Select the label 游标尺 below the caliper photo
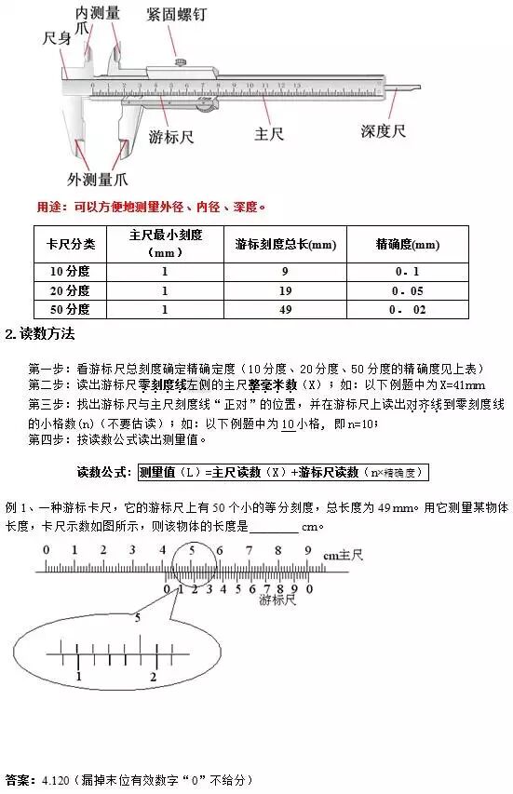pyautogui.click(x=170, y=137)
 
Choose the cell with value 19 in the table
pyautogui.click(x=284, y=289)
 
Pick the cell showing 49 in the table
pyautogui.click(x=284, y=309)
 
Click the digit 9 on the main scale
pyautogui.click(x=306, y=550)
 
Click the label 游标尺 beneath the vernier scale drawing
pyautogui.click(x=277, y=601)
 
